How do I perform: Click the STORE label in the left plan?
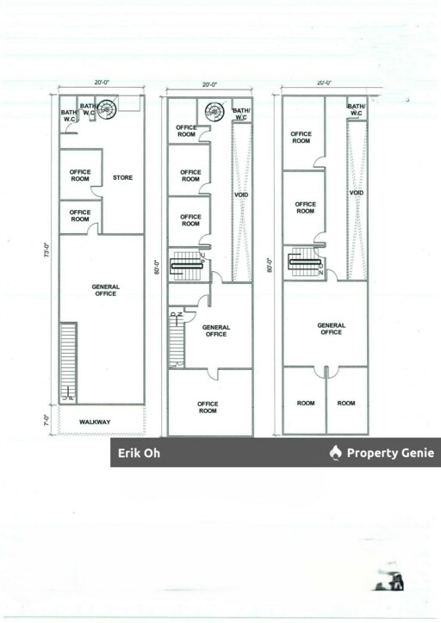[122, 178]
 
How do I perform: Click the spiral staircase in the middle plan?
[214, 111]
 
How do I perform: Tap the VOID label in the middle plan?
[241, 194]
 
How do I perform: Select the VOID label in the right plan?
[356, 193]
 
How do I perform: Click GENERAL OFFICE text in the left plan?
[106, 290]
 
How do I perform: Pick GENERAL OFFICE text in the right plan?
[331, 329]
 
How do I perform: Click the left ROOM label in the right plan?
[305, 403]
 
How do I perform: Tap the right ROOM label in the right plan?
[346, 403]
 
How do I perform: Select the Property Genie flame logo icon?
[335, 453]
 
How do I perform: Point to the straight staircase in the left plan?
[67, 361]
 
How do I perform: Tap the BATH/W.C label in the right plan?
[356, 108]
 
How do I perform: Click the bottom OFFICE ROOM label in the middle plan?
[208, 407]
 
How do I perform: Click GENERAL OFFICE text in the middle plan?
[215, 330]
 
